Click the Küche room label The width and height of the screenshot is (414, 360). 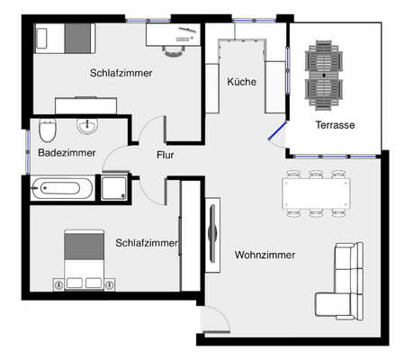click(x=242, y=82)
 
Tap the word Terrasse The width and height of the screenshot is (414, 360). click(x=334, y=125)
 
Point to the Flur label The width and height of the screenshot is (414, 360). click(x=165, y=155)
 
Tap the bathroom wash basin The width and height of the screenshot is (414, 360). click(x=88, y=124)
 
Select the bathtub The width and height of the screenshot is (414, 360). click(x=61, y=189)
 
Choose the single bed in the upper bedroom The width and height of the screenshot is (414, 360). click(x=63, y=38)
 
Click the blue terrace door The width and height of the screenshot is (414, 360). click(x=278, y=136)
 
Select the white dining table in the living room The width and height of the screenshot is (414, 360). click(x=315, y=193)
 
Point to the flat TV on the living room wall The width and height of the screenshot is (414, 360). click(x=212, y=232)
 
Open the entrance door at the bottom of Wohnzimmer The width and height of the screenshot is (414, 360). click(x=214, y=320)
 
